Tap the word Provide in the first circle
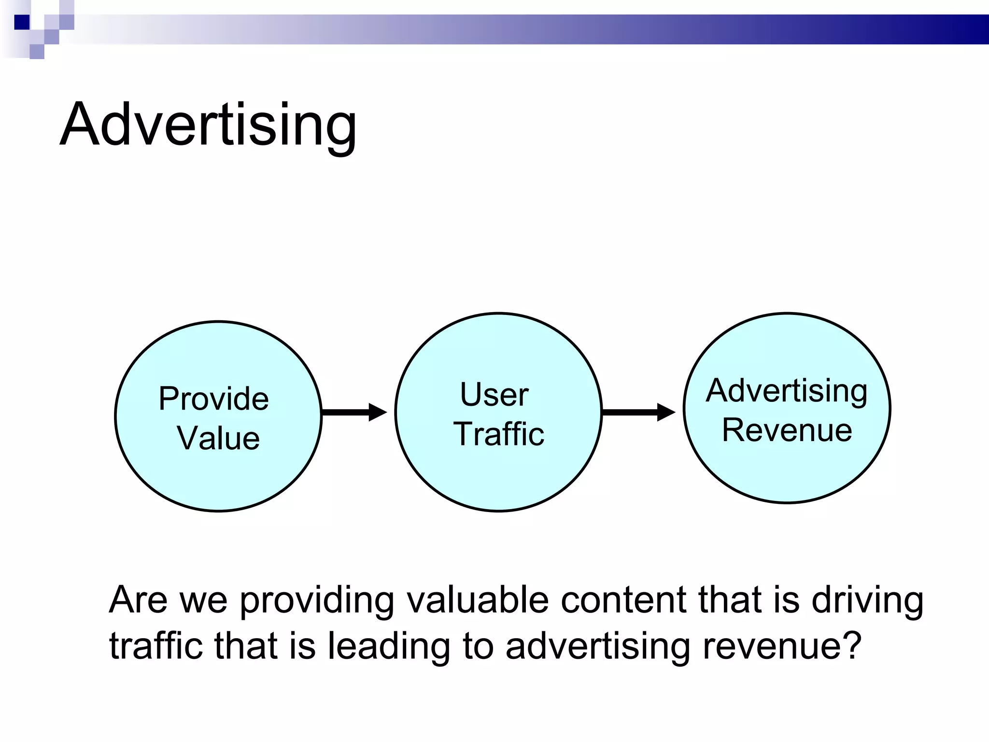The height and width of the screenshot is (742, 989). click(x=213, y=399)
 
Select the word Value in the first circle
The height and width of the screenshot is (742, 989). click(x=218, y=438)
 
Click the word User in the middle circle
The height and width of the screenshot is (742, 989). click(x=494, y=394)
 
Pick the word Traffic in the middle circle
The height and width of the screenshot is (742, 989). click(x=498, y=433)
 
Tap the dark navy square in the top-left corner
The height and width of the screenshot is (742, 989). click(x=22, y=22)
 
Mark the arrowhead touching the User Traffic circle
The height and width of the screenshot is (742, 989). click(x=378, y=412)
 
